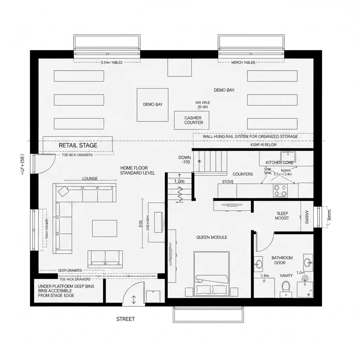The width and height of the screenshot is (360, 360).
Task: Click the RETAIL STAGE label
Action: (x=78, y=145)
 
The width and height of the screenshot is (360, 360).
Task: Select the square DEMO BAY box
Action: (x=153, y=104)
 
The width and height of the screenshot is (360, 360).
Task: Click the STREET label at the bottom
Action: (x=126, y=319)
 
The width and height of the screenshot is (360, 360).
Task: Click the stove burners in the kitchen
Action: (x=280, y=191)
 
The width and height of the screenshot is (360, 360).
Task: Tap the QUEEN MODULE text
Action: (x=211, y=237)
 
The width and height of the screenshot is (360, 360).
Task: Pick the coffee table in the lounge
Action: (x=104, y=228)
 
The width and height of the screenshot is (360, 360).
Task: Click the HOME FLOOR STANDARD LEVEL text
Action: (x=137, y=171)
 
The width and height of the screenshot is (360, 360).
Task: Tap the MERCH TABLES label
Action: (x=243, y=63)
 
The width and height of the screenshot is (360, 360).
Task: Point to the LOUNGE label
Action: (x=90, y=179)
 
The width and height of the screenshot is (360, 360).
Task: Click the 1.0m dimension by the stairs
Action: (x=179, y=181)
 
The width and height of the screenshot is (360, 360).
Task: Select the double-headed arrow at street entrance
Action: (x=134, y=300)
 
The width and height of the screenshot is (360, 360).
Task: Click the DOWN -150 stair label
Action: (x=185, y=160)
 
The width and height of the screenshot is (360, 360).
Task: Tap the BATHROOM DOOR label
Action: (x=282, y=260)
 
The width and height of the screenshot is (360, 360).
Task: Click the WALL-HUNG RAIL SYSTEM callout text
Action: (x=250, y=136)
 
